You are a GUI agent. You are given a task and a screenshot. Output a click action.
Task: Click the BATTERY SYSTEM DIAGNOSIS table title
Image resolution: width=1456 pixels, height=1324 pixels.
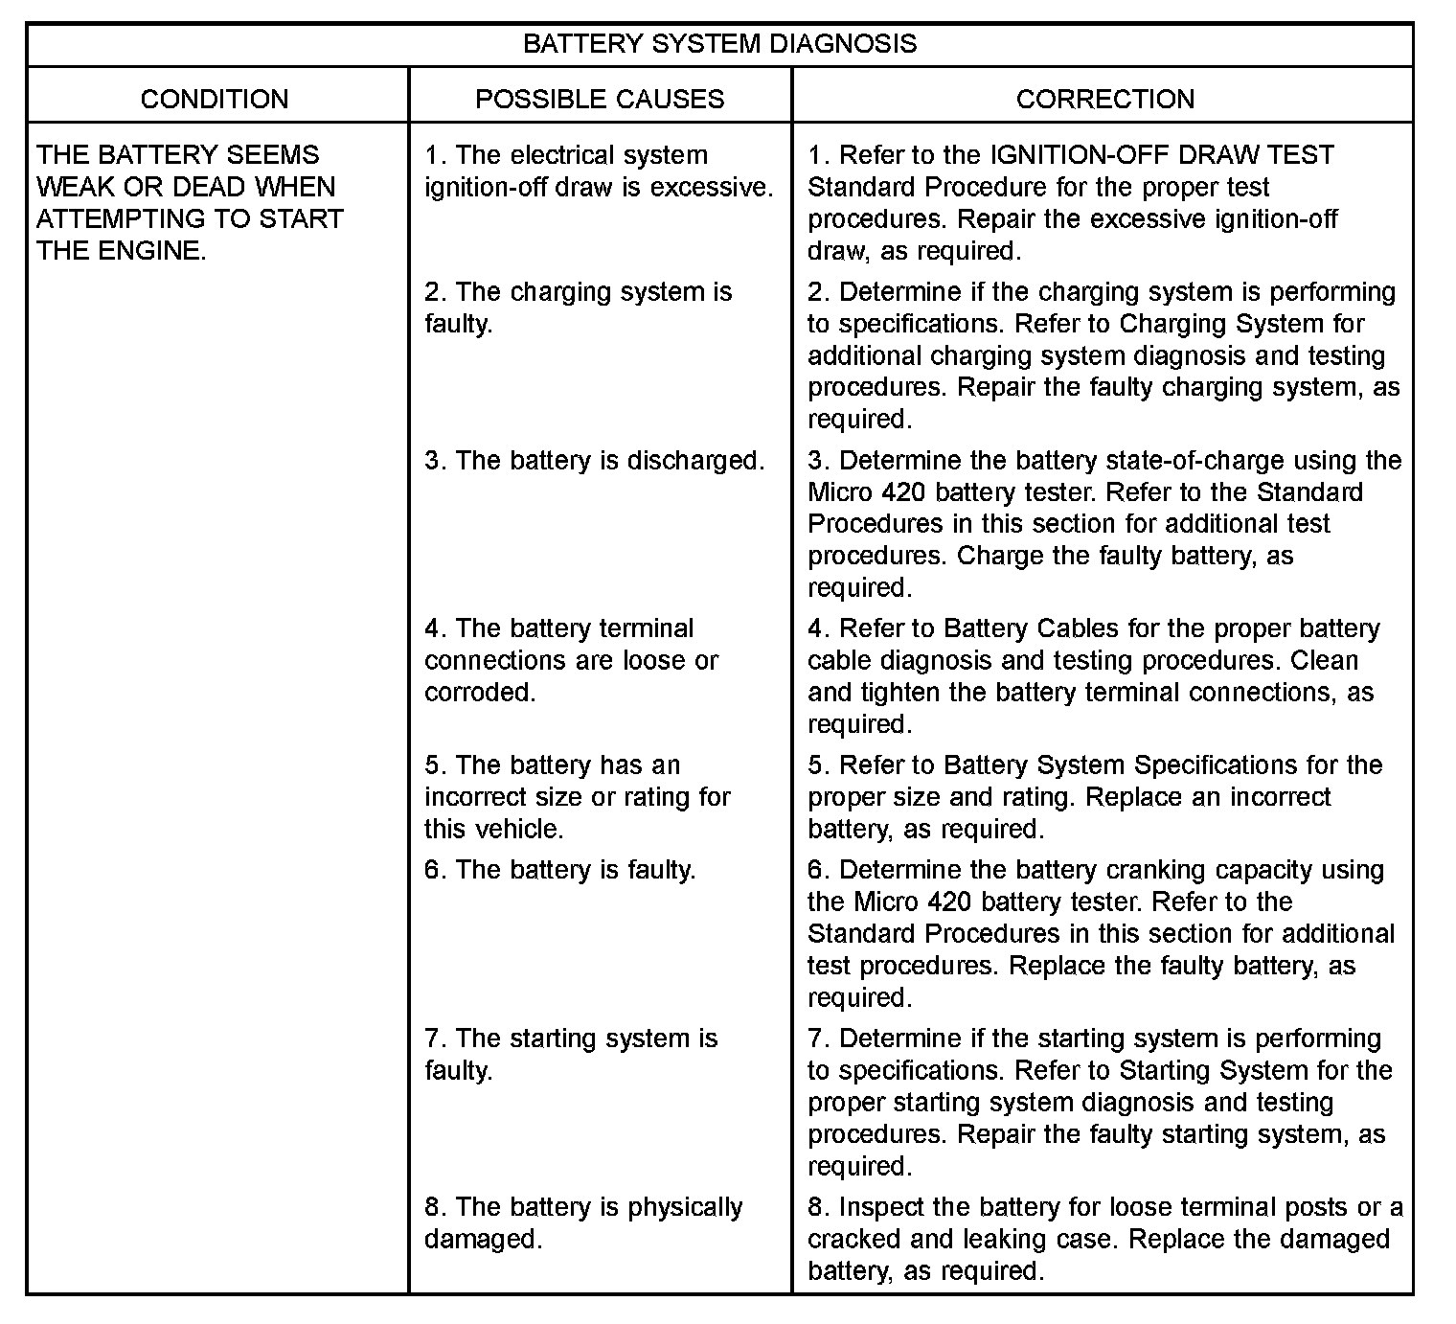pos(719,44)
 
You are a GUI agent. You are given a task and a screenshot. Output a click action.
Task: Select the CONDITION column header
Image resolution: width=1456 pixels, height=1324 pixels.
pos(215,99)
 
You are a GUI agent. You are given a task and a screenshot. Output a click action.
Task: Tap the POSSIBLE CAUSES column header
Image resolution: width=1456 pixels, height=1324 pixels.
pos(600,99)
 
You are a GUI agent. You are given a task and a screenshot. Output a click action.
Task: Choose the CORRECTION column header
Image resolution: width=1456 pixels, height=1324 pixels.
pos(1104,99)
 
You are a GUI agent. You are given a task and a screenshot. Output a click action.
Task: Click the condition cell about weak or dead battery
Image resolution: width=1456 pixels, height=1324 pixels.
pos(190,202)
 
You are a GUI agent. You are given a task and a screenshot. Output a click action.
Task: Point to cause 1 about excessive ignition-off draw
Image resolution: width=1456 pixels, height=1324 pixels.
pos(599,171)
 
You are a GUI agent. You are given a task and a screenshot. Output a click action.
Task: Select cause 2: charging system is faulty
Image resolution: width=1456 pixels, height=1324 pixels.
pos(579,308)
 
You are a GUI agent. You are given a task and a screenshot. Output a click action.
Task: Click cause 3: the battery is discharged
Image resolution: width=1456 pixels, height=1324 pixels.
pos(595,461)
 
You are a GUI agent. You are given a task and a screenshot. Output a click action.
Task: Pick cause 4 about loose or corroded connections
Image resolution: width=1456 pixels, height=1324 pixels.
pos(571,660)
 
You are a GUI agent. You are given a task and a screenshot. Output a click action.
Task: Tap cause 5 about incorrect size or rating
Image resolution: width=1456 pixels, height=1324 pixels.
pos(578,796)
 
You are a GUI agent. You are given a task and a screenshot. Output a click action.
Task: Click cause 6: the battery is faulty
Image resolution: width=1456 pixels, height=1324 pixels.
pos(560,870)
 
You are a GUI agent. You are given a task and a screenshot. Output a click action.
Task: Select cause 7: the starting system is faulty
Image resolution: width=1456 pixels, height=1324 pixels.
pos(571,1054)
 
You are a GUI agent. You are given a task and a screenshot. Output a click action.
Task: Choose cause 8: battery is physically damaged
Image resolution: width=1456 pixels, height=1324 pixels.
pos(583,1222)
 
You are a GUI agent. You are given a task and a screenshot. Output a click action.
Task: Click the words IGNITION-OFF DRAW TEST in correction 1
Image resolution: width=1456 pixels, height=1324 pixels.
pos(1162,155)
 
